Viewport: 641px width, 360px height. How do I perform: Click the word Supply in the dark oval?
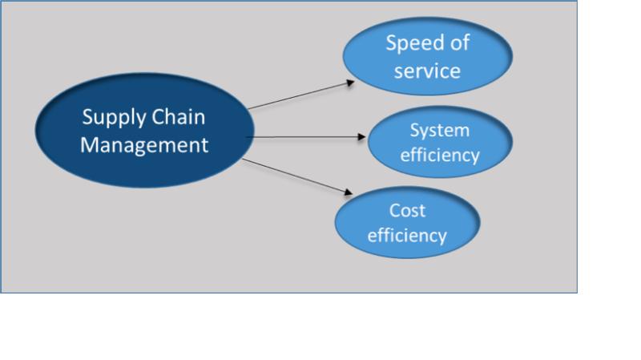[x=114, y=119]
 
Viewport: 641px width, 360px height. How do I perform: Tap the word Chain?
[x=178, y=117]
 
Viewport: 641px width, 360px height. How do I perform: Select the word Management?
[x=144, y=145]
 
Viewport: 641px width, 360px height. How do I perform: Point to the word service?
[x=427, y=71]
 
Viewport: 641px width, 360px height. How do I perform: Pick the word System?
[x=439, y=131]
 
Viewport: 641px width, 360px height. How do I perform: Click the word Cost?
[x=407, y=211]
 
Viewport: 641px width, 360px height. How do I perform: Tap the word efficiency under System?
[x=439, y=155]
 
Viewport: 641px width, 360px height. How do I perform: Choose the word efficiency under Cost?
[x=407, y=235]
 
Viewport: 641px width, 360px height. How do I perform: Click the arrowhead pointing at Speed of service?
[x=350, y=83]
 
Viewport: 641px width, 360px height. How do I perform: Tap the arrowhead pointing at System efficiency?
[x=361, y=136]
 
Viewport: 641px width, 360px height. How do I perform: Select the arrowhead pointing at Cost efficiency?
[x=349, y=192]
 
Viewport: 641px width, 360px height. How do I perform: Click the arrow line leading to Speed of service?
[x=301, y=95]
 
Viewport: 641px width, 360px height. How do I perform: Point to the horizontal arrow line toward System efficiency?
[x=306, y=137]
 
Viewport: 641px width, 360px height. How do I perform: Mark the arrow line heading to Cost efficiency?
[x=297, y=176]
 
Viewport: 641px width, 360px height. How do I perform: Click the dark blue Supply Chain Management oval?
[x=145, y=131]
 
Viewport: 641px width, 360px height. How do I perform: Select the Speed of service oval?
[x=428, y=56]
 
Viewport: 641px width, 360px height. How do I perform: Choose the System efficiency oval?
[x=440, y=142]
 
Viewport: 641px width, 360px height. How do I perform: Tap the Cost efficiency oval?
[x=408, y=222]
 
